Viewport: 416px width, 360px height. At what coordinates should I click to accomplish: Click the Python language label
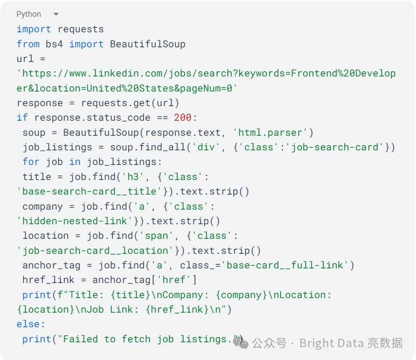point(29,14)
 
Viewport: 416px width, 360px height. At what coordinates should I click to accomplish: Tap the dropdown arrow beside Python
point(56,14)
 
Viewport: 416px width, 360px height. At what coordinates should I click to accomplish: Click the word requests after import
point(81,29)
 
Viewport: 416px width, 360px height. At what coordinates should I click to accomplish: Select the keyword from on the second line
point(28,44)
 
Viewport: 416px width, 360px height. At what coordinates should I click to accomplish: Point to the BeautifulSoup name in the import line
point(147,44)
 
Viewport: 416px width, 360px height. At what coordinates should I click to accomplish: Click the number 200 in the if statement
point(182,118)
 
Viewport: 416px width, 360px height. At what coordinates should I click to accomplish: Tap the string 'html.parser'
point(270,132)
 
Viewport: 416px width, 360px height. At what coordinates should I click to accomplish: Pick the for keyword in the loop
point(31,162)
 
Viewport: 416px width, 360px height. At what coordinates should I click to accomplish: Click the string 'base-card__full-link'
point(285,265)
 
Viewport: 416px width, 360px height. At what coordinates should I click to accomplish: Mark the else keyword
point(28,324)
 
